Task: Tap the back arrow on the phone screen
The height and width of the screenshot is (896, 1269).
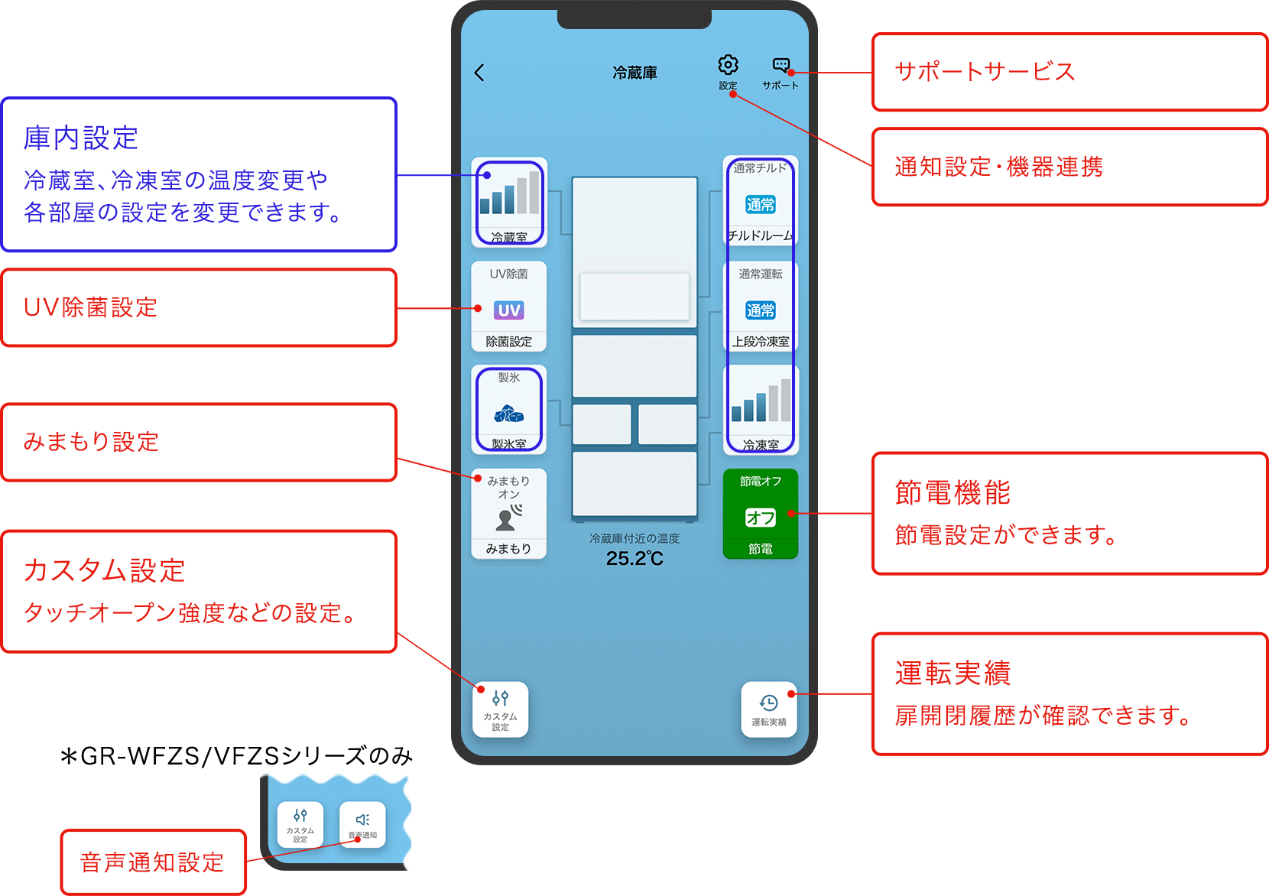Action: (479, 73)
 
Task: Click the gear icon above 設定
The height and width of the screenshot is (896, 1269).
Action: (728, 65)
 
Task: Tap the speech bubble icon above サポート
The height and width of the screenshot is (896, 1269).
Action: (781, 65)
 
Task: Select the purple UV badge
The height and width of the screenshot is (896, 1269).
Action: (508, 310)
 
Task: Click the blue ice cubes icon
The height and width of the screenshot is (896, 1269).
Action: (508, 414)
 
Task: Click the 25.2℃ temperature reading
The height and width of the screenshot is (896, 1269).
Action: (634, 559)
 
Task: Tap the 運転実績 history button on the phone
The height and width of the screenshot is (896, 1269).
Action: (768, 709)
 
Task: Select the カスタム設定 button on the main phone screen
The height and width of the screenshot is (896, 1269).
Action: (500, 709)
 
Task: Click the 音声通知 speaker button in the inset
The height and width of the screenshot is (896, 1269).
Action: (362, 824)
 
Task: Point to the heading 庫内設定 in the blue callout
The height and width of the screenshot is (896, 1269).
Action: (81, 138)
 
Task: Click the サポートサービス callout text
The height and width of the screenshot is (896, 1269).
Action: (985, 72)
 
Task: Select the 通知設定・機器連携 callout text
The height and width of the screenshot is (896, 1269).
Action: (998, 167)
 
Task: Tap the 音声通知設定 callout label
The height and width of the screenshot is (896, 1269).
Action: (152, 862)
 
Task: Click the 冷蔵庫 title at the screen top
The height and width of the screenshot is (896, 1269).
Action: (634, 73)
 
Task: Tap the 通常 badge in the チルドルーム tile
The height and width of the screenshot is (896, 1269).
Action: (760, 204)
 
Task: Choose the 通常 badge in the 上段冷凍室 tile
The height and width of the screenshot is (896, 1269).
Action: (760, 310)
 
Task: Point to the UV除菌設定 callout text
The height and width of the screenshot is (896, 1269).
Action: (90, 307)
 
